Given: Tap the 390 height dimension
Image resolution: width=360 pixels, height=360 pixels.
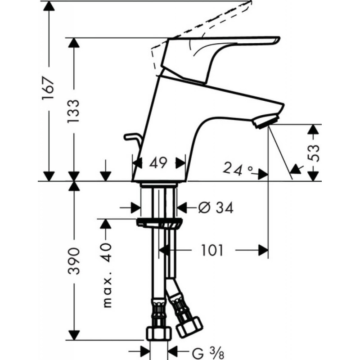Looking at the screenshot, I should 75,261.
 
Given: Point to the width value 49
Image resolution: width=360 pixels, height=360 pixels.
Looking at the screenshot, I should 159,162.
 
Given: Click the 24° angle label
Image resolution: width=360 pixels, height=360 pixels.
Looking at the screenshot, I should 238,170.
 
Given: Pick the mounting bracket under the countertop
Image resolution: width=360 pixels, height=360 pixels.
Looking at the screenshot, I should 160,223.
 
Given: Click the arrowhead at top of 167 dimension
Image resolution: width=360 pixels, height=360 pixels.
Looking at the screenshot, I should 50,5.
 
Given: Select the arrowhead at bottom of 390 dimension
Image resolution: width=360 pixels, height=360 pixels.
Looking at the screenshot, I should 75,335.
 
